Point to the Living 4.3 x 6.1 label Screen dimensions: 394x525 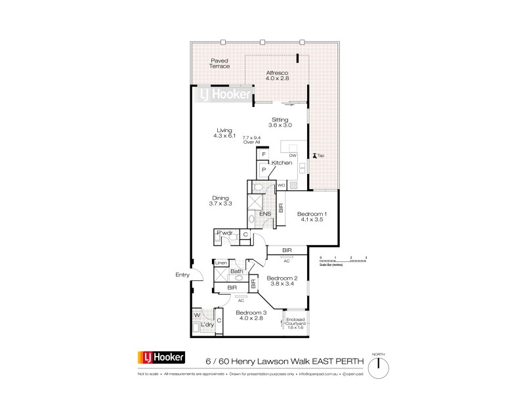(x=224, y=133)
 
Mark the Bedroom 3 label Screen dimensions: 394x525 (x=250, y=315)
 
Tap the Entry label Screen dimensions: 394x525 (x=181, y=275)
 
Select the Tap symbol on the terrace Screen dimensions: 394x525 (x=319, y=156)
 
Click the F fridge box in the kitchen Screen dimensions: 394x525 (x=263, y=154)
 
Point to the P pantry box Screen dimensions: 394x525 (x=263, y=169)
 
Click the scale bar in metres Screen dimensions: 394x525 (x=343, y=261)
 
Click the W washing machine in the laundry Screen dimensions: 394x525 (x=197, y=314)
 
